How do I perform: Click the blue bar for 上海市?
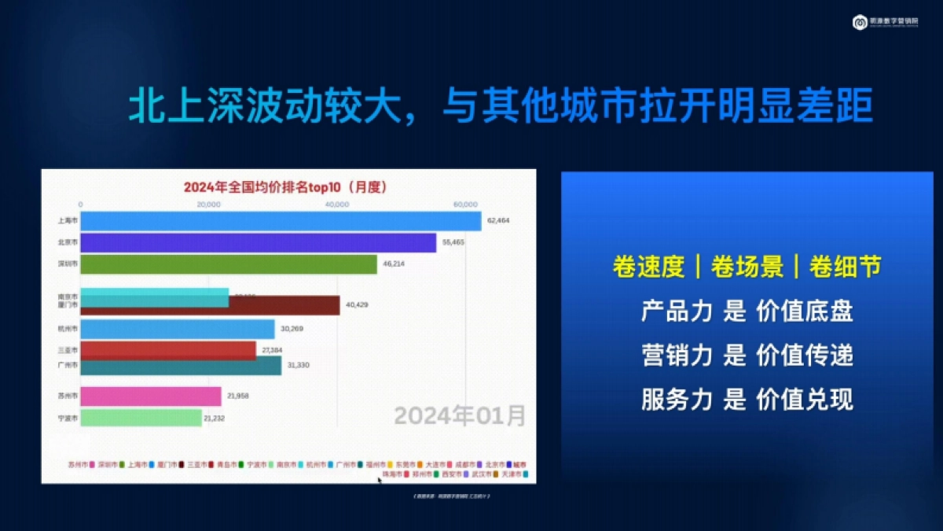pyautogui.click(x=281, y=221)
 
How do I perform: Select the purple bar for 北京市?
pyautogui.click(x=258, y=243)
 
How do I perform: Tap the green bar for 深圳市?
pyautogui.click(x=229, y=264)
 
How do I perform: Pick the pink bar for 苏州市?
pyautogui.click(x=151, y=396)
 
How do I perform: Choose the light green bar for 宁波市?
pyautogui.click(x=141, y=419)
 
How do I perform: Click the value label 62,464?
pyautogui.click(x=498, y=221)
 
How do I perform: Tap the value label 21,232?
pyautogui.click(x=214, y=419)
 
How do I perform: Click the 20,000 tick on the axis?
pyautogui.click(x=207, y=205)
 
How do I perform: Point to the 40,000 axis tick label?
pyautogui.click(x=336, y=205)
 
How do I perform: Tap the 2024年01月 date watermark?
pyautogui.click(x=459, y=415)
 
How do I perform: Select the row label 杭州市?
pyautogui.click(x=68, y=330)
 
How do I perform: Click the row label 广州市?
pyautogui.click(x=68, y=366)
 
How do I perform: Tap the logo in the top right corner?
pyautogui.click(x=860, y=23)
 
